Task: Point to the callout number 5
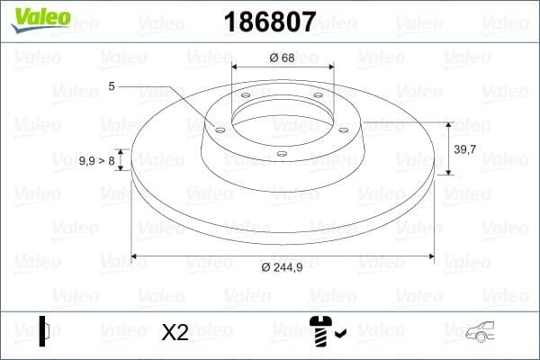coord(112,86)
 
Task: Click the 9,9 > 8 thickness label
coord(96,160)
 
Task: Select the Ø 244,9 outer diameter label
coord(284,267)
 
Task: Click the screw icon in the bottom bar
coord(319,332)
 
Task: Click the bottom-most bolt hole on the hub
coord(281,154)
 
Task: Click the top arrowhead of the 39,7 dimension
coord(448,125)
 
